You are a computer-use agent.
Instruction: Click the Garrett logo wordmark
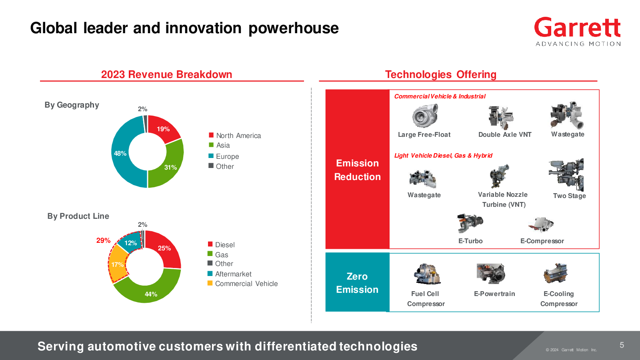(577, 28)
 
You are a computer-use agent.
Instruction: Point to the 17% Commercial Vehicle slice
(118, 264)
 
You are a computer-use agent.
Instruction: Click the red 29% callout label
(103, 240)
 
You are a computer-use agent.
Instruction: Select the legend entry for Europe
(224, 156)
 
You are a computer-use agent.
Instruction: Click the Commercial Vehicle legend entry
(242, 284)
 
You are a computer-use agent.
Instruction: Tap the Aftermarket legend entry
(230, 274)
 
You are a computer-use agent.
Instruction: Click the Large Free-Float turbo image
(425, 116)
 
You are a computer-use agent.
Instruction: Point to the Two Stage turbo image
(566, 175)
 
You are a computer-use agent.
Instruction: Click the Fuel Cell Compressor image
(427, 274)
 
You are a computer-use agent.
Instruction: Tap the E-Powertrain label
(494, 294)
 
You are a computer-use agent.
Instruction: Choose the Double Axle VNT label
(505, 134)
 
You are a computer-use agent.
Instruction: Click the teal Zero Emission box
(358, 282)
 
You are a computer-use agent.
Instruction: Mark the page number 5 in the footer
(622, 345)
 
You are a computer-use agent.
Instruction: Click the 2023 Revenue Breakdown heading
(166, 74)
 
